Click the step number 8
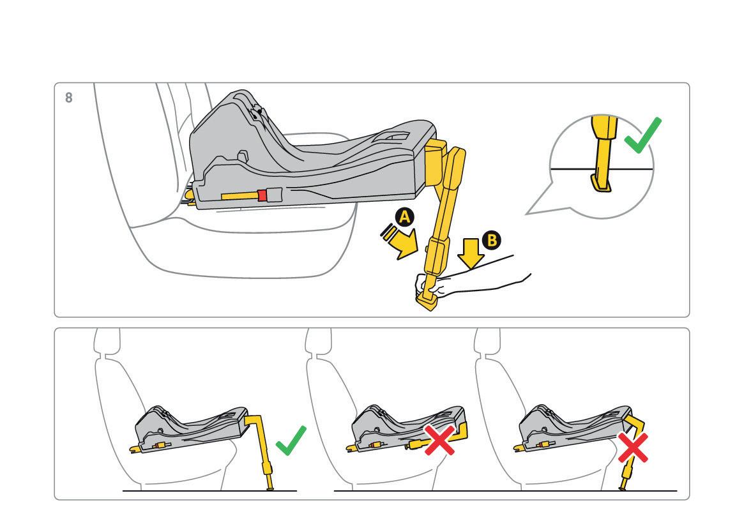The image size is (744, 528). click(x=69, y=98)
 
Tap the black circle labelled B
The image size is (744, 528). click(x=491, y=240)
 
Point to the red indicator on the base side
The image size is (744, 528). click(x=262, y=195)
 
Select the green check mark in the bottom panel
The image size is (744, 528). click(x=291, y=441)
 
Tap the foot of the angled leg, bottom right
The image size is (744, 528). click(x=623, y=488)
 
